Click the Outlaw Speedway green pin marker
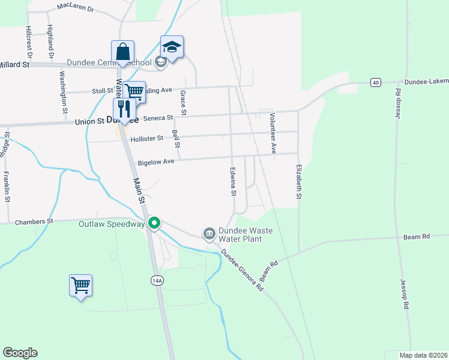154,223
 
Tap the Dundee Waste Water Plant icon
209,232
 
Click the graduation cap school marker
172,47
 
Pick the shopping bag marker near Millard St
122,52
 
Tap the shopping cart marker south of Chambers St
80,286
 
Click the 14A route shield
157,280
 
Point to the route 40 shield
375,82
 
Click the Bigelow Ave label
155,162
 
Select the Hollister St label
146,139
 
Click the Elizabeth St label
298,182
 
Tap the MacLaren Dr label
76,8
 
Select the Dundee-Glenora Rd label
243,271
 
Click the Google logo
20,353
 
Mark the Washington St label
63,92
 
